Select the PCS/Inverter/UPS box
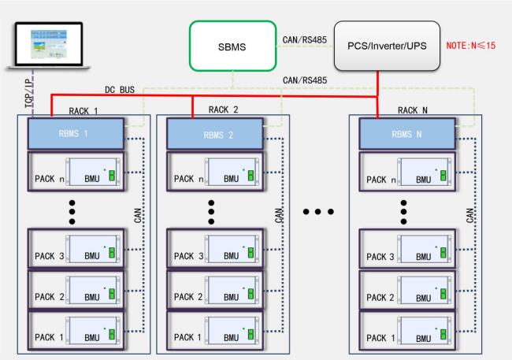click(x=386, y=46)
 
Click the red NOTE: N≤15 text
click(x=471, y=46)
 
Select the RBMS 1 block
click(x=75, y=134)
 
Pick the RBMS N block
click(x=406, y=134)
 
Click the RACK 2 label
click(x=224, y=109)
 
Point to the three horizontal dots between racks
click(x=318, y=212)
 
